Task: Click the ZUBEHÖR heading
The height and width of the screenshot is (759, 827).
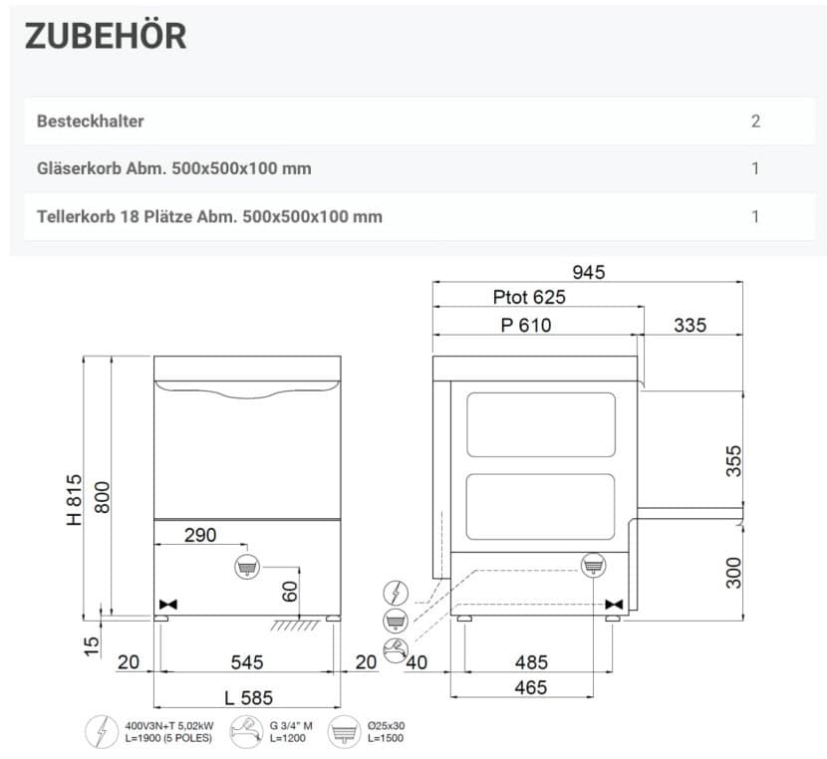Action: [x=106, y=36]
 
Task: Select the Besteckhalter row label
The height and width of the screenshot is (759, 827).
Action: [x=91, y=122]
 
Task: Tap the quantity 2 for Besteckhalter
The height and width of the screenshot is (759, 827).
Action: [x=755, y=122]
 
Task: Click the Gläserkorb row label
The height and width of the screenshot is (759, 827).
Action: [x=174, y=168]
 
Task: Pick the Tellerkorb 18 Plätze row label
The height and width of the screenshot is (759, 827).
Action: [x=209, y=216]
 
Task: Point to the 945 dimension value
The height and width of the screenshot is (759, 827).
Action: [x=589, y=272]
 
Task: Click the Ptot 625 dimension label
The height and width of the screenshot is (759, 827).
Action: [x=529, y=297]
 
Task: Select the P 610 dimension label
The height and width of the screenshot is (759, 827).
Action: [x=526, y=325]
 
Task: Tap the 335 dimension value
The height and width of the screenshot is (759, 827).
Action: [x=689, y=325]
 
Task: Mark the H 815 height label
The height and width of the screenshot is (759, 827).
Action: [x=75, y=500]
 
